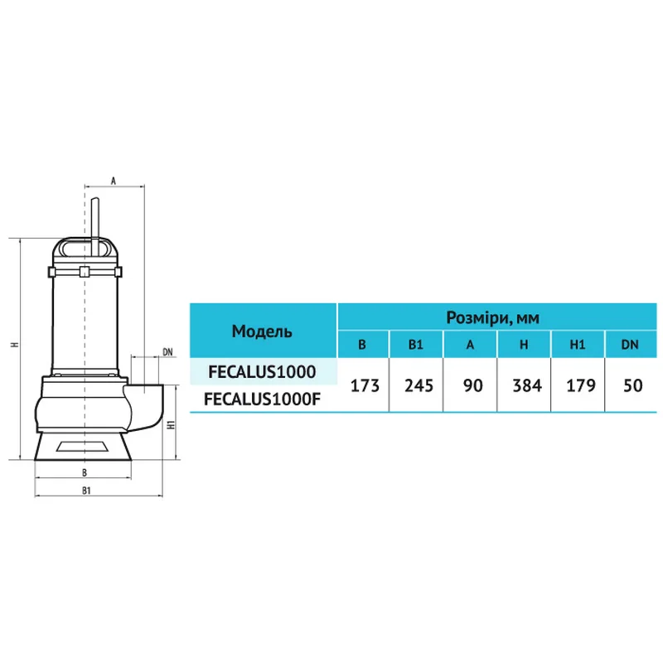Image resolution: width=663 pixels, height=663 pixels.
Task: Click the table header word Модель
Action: click(x=262, y=331)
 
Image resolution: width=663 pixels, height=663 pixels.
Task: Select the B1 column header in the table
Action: click(x=416, y=345)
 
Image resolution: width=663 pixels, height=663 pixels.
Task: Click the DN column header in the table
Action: click(x=632, y=345)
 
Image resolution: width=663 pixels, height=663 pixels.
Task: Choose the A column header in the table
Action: click(x=470, y=345)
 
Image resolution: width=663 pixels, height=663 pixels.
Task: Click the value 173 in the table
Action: click(x=362, y=385)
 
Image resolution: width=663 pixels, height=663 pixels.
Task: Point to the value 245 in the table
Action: click(x=416, y=385)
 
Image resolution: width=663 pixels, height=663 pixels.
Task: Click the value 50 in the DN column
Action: click(x=632, y=385)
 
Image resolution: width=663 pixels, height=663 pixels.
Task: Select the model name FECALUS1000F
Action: click(x=262, y=399)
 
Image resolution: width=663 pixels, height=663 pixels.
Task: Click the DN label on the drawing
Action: click(x=167, y=352)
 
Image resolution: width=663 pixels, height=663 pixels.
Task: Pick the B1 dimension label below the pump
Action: click(x=87, y=491)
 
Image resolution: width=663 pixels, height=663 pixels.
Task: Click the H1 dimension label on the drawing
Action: click(x=170, y=425)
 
